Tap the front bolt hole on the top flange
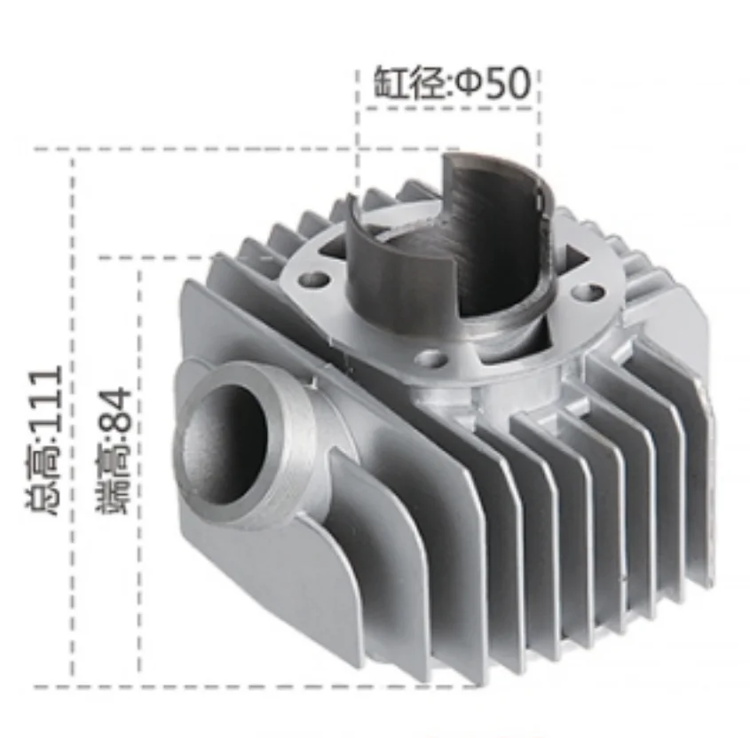pos(430,358)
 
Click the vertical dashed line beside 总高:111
pos(74,417)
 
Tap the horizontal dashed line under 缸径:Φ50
pos(448,109)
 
